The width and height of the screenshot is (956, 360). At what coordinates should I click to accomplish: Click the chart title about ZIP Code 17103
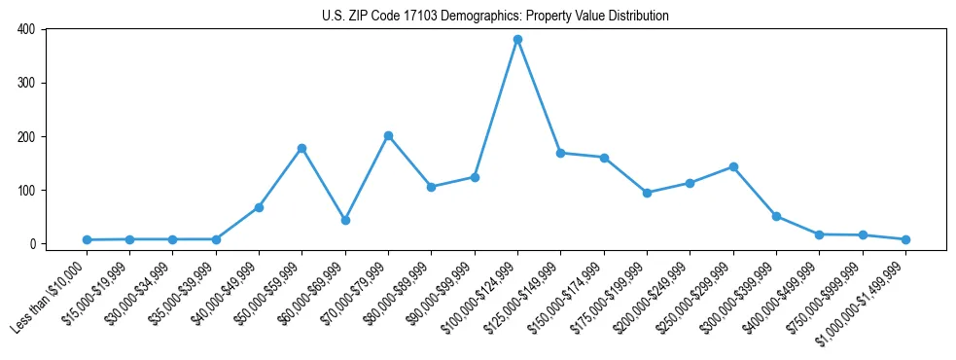495,16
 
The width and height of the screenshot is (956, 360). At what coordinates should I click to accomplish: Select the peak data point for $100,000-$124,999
517,40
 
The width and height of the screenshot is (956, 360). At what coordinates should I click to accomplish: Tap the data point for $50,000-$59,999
301,148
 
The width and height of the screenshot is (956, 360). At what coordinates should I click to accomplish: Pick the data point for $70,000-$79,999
388,136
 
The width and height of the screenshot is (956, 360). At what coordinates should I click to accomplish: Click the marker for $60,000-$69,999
345,220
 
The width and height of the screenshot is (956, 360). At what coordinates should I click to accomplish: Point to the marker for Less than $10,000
87,239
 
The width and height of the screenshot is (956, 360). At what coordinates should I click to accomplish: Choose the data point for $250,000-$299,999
733,166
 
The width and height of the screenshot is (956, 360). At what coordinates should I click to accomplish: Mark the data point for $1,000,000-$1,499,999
905,239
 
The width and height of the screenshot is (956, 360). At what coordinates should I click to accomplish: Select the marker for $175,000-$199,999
647,193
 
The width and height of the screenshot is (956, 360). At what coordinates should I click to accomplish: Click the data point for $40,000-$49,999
259,207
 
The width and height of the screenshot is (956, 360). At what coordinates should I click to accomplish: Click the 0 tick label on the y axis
31,243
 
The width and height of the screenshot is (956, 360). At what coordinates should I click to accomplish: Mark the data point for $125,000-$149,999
560,153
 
